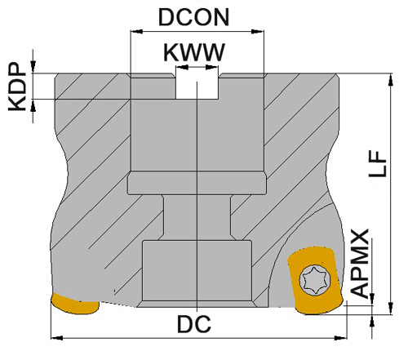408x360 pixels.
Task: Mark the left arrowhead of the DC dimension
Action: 56,335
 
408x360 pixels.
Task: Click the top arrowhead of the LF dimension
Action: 388,81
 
